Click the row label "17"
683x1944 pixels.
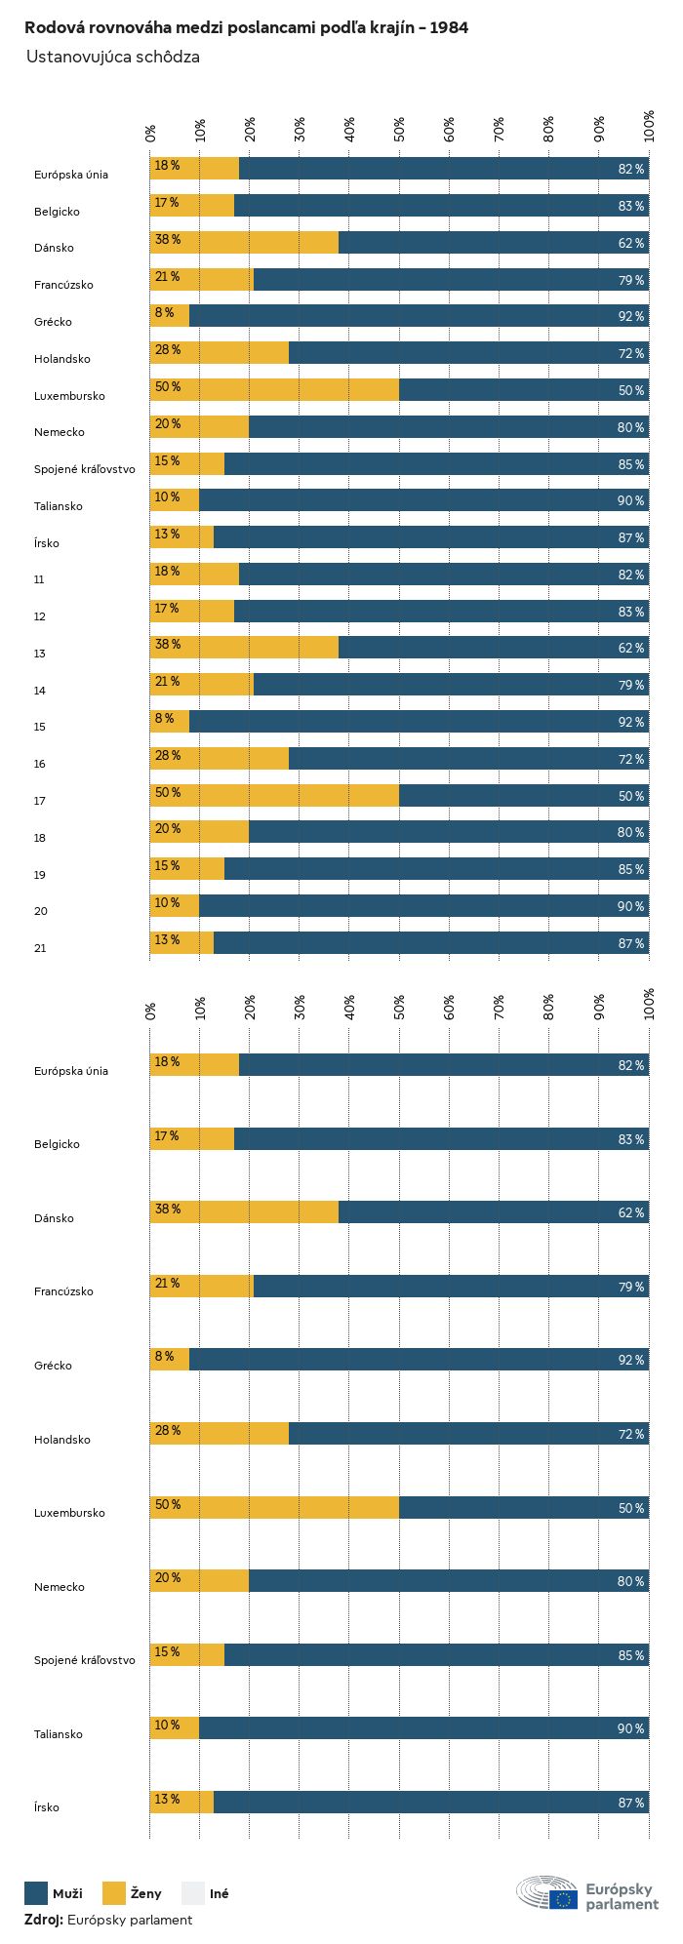[x=40, y=801]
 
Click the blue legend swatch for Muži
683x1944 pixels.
[x=36, y=1893]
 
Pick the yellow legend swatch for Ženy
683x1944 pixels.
[x=114, y=1893]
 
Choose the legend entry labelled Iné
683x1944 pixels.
[x=219, y=1893]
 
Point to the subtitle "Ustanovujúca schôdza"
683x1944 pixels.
[x=113, y=57]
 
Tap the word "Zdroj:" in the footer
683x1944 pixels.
[x=44, y=1920]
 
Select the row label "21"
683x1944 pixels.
[x=40, y=948]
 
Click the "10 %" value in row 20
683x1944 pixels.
[x=167, y=903]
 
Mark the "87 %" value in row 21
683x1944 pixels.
[x=630, y=943]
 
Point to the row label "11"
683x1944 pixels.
[x=40, y=579]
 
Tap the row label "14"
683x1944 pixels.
[x=40, y=691]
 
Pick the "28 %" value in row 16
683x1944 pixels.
[x=167, y=756]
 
